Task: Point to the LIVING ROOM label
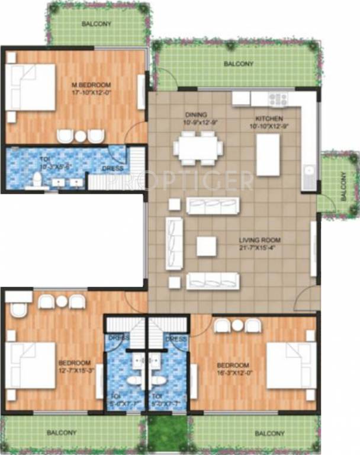(x=259, y=240)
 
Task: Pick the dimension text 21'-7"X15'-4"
(x=259, y=248)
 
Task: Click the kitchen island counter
(x=268, y=154)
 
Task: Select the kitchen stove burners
(x=278, y=98)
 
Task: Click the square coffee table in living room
(x=206, y=246)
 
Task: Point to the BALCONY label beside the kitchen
(x=343, y=183)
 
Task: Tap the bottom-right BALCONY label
(x=269, y=434)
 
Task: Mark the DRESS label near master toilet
(x=112, y=168)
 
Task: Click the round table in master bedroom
(x=80, y=136)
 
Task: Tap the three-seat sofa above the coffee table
(x=213, y=206)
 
